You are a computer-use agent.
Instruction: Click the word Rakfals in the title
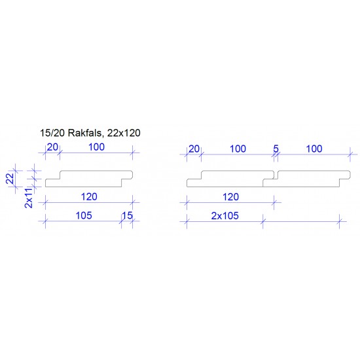coord(84,133)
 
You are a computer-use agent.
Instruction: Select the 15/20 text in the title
coord(52,133)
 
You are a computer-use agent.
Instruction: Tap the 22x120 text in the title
coord(124,133)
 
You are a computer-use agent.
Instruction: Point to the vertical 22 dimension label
coord(10,179)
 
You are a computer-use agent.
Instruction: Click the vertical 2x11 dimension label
coord(29,198)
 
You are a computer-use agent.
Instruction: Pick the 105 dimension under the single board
coord(84,215)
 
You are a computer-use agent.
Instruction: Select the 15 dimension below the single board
coord(127,215)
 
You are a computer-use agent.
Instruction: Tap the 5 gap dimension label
coord(276,149)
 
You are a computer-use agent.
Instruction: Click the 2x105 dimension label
coord(225,216)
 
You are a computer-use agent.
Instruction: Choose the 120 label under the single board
coord(89,197)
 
